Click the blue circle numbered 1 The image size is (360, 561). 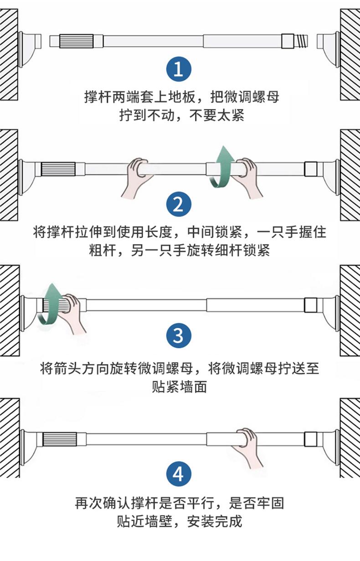179,69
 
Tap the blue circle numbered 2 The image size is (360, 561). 179,204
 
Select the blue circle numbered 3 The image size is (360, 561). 179,335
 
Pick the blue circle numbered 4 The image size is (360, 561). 179,474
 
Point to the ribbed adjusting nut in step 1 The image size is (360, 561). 77,41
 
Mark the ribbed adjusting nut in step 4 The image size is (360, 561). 60,439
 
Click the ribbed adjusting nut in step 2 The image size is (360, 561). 58,169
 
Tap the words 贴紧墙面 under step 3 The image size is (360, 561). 179,386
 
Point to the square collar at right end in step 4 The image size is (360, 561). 311,439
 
